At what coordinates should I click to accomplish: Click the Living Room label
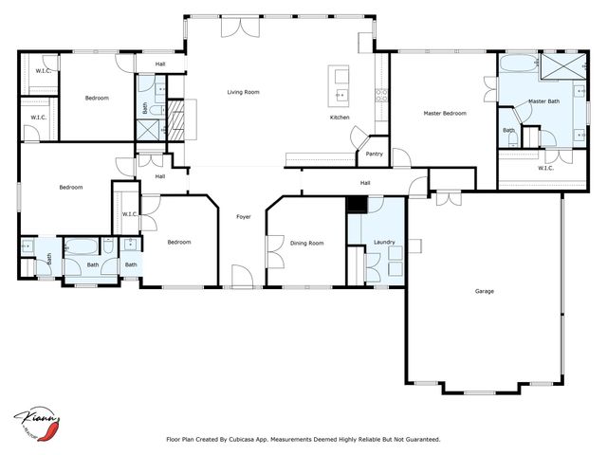pos(243,92)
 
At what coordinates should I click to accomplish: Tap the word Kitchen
pos(340,118)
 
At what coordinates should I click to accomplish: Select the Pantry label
pos(375,154)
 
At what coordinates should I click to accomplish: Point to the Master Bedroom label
pos(444,113)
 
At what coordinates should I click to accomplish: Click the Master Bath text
pos(544,101)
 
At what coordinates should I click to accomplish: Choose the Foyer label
pos(243,217)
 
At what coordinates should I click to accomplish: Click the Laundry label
pos(384,243)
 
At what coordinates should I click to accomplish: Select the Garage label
pos(484,291)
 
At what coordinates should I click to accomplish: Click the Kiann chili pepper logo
pos(38,422)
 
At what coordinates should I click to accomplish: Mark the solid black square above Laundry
pos(356,204)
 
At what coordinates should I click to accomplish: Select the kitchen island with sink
pos(339,84)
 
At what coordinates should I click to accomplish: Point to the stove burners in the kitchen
pos(381,94)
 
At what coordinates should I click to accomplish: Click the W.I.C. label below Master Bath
pos(545,168)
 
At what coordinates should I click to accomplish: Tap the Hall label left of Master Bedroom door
pos(365,183)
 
